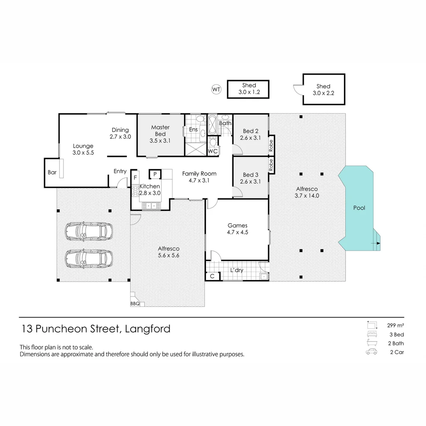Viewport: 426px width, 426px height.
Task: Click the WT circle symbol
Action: pyautogui.click(x=216, y=90)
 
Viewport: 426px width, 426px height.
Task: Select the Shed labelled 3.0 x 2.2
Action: pyautogui.click(x=323, y=90)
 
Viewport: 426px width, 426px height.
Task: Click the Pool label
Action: pyautogui.click(x=359, y=208)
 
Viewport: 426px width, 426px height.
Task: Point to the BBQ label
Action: pyautogui.click(x=135, y=304)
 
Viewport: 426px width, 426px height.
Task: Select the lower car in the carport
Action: pyautogui.click(x=89, y=258)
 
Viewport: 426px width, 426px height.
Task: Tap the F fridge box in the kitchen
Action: pyautogui.click(x=135, y=177)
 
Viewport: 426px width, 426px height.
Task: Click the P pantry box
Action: pyautogui.click(x=155, y=174)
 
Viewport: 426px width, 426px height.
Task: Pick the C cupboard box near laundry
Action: pyautogui.click(x=212, y=276)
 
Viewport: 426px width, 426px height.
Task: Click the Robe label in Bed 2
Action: pyautogui.click(x=271, y=146)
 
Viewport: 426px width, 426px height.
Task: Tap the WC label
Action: pyautogui.click(x=213, y=151)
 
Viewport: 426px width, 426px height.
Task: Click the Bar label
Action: pyautogui.click(x=52, y=172)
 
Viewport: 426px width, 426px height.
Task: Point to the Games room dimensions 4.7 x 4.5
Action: pyautogui.click(x=237, y=232)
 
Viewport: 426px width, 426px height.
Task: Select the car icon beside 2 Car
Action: pyautogui.click(x=371, y=352)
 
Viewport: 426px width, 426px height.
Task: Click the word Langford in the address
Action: pyautogui.click(x=148, y=329)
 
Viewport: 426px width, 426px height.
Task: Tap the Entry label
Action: pyautogui.click(x=120, y=171)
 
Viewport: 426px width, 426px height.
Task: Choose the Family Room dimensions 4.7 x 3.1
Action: pyautogui.click(x=199, y=181)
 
